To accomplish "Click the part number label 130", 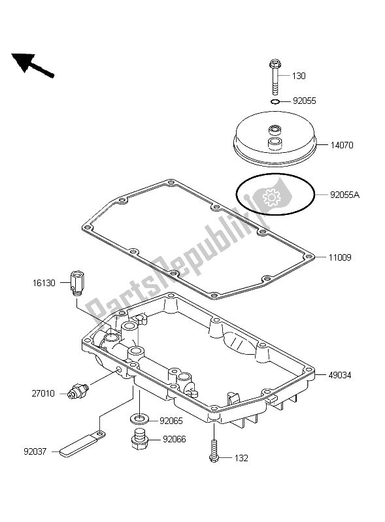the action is coord(299,76).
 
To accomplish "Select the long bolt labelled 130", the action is coord(274,77).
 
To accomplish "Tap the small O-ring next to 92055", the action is coord(275,101).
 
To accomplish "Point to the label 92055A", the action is coord(344,195).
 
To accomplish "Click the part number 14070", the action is coord(342,146).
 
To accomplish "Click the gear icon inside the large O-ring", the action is coord(271,197).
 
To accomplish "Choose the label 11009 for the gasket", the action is coord(340,257).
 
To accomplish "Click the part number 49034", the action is coord(340,375).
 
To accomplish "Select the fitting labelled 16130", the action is coord(77,283).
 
